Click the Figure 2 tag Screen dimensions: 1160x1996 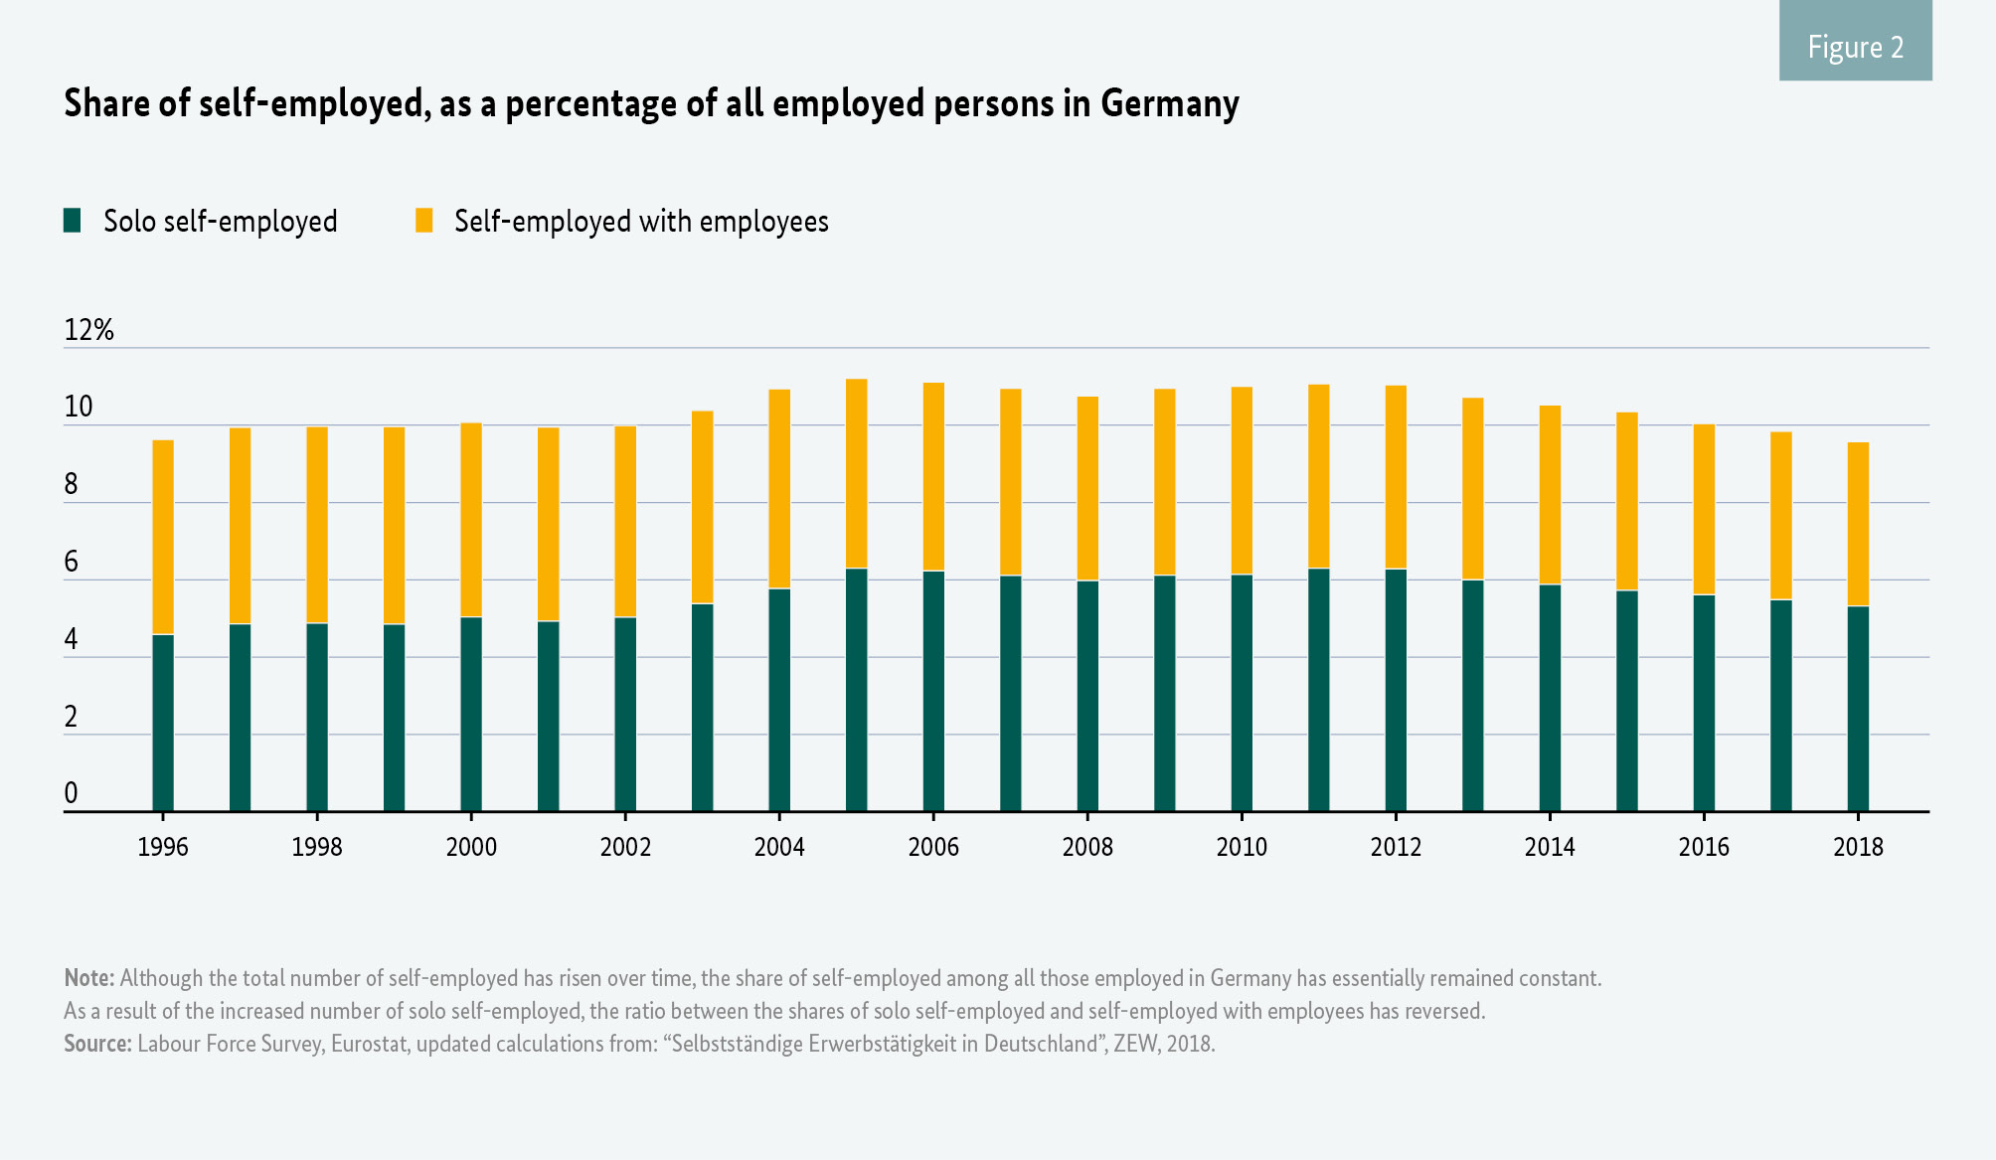coord(1855,47)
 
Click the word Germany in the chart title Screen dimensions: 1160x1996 coord(1169,103)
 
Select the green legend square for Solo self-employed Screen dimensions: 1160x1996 coord(72,221)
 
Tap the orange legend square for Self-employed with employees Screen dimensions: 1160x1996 coord(423,221)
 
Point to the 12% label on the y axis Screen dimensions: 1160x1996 coord(88,330)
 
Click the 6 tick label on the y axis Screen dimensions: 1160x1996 coord(71,563)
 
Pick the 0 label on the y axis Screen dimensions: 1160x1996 coord(71,793)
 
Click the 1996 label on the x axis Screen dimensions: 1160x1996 coord(162,847)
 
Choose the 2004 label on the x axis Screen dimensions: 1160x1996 coord(779,847)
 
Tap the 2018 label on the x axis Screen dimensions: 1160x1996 coord(1858,847)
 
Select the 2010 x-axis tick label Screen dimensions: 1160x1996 coord(1242,847)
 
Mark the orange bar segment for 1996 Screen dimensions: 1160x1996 coord(162,537)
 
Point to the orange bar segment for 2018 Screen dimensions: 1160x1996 coord(1858,524)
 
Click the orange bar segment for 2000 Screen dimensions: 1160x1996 coord(471,520)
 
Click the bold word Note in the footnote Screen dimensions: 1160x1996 coord(88,978)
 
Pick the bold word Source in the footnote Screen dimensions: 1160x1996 coord(96,1044)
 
